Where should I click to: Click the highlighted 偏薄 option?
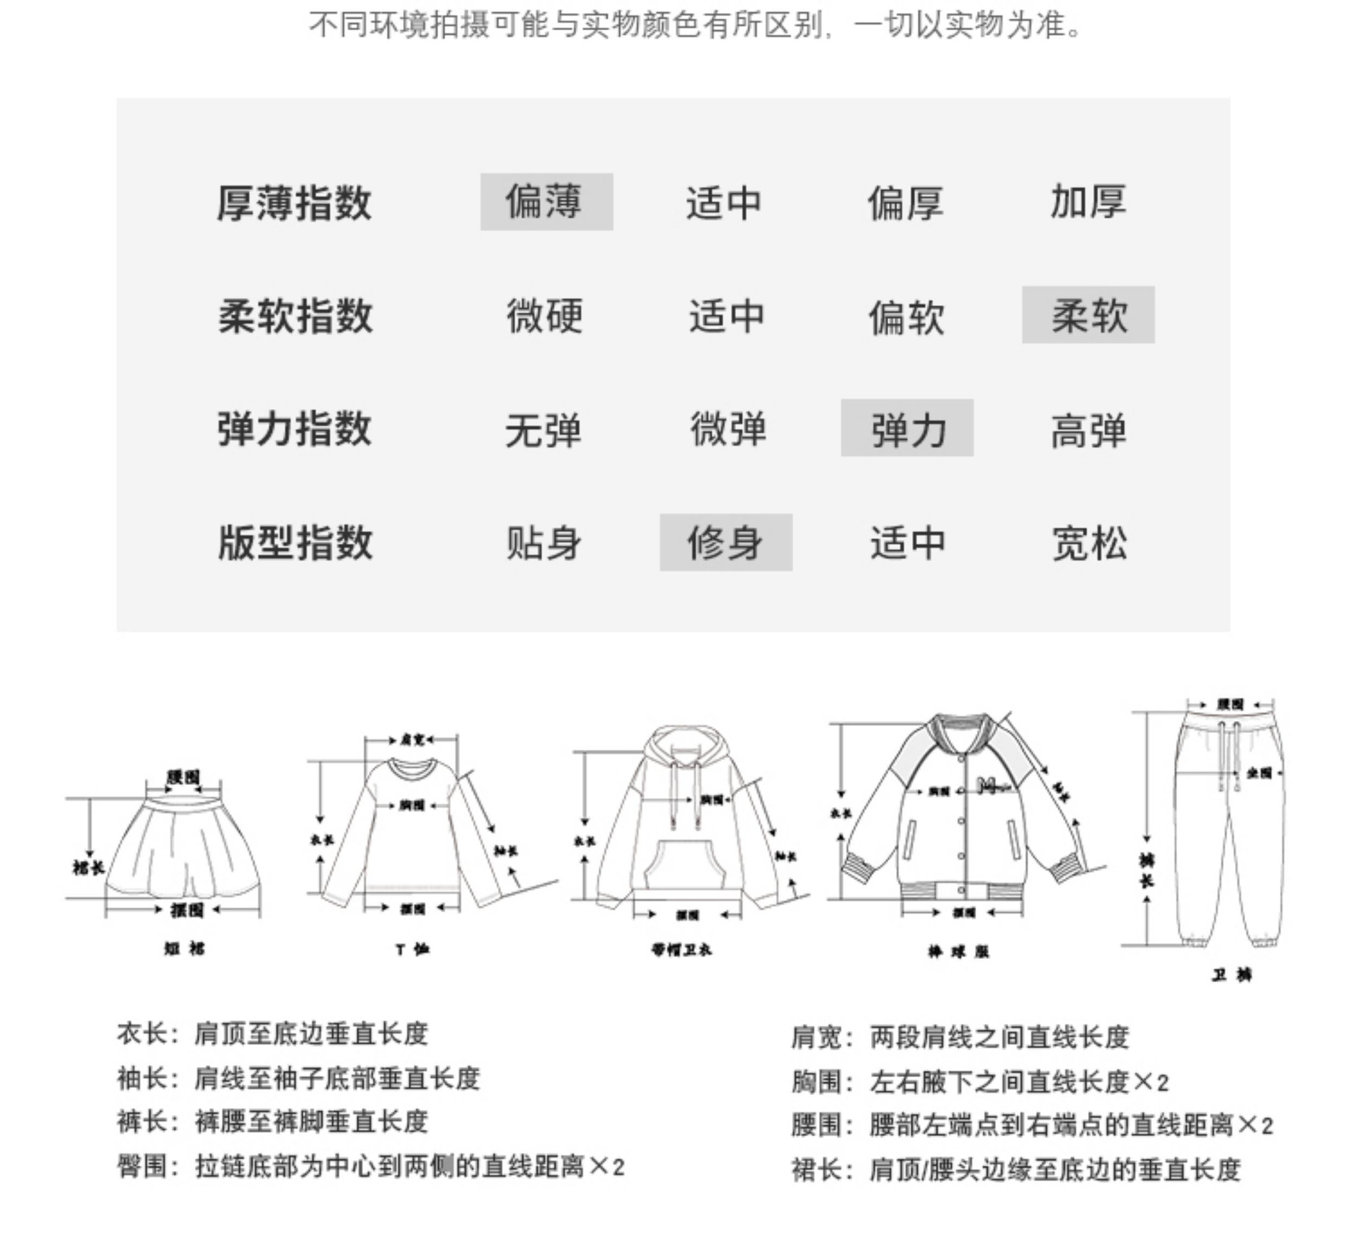coord(546,202)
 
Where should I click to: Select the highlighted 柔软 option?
coord(1088,315)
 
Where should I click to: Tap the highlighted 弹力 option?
coord(907,428)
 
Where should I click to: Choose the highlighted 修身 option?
coord(726,543)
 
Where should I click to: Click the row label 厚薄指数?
coord(294,203)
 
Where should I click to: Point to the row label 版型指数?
coord(294,543)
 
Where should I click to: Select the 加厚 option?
coord(1088,202)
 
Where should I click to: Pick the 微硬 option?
coord(545,316)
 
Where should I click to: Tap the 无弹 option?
coord(543,429)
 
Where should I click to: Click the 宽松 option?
coord(1090,543)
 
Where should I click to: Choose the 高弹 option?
coord(1088,429)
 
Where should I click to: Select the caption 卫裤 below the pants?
coord(1232,975)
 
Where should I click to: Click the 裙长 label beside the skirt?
coord(89,867)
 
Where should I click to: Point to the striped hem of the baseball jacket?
coord(962,892)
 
